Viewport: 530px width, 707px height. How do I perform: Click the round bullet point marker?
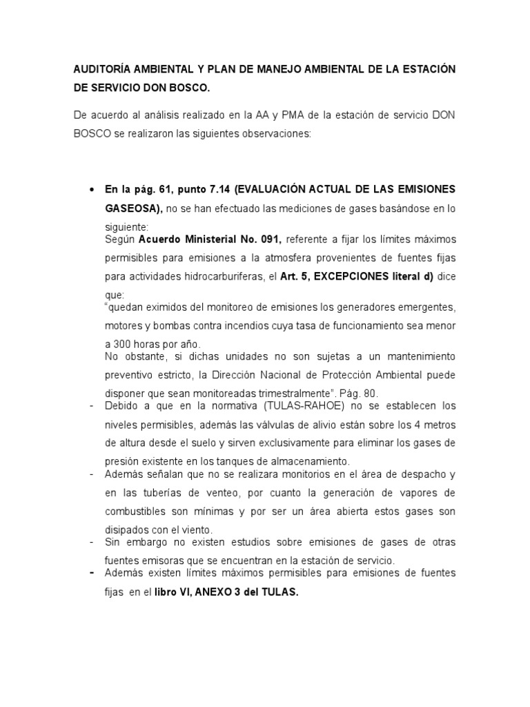tap(91, 190)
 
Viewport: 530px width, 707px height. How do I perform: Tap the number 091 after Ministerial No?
tap(267, 239)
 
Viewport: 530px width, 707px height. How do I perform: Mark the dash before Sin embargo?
tap(92, 543)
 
